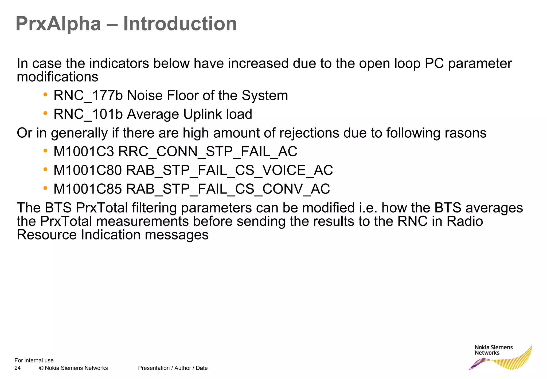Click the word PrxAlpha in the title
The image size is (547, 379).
tap(58, 24)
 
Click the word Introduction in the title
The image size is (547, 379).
tap(180, 24)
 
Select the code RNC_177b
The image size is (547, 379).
tap(88, 96)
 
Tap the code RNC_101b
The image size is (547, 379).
tap(88, 114)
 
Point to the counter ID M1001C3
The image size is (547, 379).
tap(84, 152)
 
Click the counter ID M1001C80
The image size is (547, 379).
tap(88, 170)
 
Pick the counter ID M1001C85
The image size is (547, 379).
tap(88, 189)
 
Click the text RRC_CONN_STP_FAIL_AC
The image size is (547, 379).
tap(208, 152)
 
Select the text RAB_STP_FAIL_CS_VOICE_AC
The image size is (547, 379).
tap(229, 170)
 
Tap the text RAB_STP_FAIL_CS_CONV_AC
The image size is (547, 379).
tap(228, 189)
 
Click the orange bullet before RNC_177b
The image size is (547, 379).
tap(45, 95)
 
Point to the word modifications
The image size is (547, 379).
tap(57, 77)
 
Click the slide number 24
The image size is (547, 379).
tap(17, 368)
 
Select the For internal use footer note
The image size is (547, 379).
tap(34, 360)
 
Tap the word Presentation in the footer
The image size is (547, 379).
tap(154, 368)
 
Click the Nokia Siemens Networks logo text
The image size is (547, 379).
tap(494, 350)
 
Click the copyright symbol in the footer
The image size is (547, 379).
tap(41, 368)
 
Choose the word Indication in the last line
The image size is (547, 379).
tap(111, 235)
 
